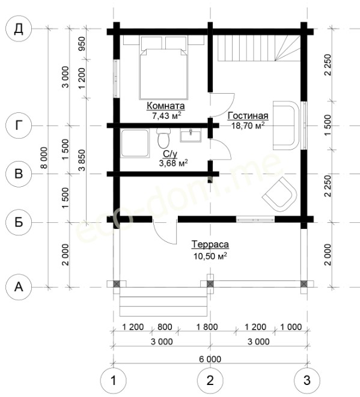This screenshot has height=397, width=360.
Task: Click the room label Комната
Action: coord(166,106)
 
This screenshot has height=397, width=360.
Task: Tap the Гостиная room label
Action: coord(248,116)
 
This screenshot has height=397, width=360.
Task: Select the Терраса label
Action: coord(210,244)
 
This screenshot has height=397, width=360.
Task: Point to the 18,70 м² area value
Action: coord(248,126)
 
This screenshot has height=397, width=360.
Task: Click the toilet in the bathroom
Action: coord(163,139)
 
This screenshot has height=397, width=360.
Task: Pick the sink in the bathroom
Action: coord(191,135)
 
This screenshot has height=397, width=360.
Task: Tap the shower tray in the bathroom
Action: coord(135,144)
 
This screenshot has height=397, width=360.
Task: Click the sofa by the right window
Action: coord(285,126)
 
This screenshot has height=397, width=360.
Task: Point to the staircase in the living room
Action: coord(259,48)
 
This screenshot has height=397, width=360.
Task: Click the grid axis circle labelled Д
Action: coord(19,29)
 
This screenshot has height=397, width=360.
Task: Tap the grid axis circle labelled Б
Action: coord(19,223)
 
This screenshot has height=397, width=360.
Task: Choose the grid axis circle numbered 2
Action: coord(210,381)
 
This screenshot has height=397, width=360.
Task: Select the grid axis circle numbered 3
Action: coord(307,381)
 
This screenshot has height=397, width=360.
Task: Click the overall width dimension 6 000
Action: coord(210,359)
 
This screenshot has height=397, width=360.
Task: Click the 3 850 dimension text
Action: coord(82,160)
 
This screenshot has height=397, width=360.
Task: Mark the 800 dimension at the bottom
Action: coord(165,327)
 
